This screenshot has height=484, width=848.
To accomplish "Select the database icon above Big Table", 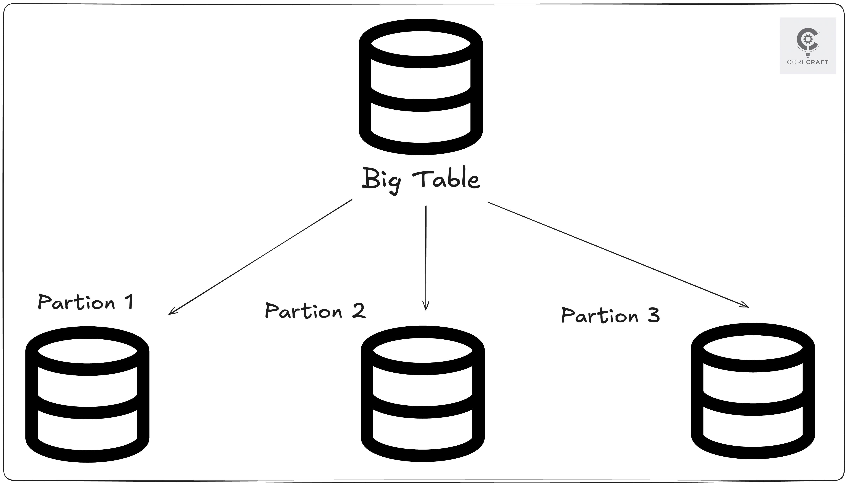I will coord(421,87).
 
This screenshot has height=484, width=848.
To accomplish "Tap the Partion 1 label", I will coord(86,302).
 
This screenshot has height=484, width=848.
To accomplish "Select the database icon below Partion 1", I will coord(87,394).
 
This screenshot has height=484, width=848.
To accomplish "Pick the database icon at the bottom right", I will coord(753,391).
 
